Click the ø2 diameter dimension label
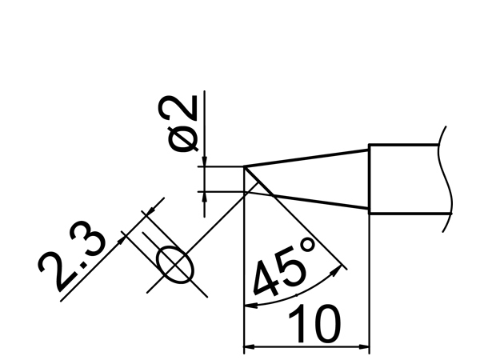(x=178, y=124)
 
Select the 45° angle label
(x=284, y=267)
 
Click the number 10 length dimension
(x=314, y=323)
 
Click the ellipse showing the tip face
(x=175, y=265)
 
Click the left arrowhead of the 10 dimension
(x=249, y=347)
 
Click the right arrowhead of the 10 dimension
(x=364, y=347)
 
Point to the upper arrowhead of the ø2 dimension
(x=205, y=162)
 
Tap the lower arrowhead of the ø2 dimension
(x=205, y=197)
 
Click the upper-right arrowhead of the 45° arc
(x=338, y=270)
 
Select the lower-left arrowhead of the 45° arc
(x=250, y=306)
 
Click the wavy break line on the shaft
(x=446, y=179)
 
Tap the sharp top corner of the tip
(x=244, y=166)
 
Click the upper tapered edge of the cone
(x=306, y=158)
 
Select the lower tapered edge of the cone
(x=318, y=202)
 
